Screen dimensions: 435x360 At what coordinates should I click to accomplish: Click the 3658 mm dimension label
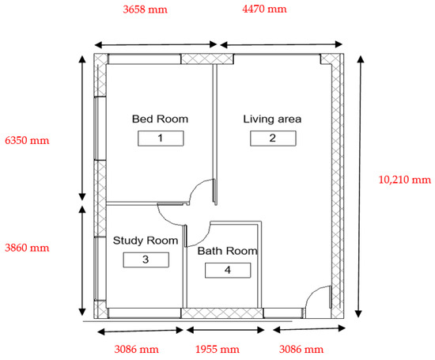145,9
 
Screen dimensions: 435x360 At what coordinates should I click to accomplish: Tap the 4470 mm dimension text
264,9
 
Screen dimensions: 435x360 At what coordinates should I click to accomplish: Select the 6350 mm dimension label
27,141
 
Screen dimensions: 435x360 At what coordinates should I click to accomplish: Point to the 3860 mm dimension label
27,248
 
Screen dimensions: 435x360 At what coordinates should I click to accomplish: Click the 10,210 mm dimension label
405,180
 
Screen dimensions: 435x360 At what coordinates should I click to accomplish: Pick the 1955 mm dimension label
217,349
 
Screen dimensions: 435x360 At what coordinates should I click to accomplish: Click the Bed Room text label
160,119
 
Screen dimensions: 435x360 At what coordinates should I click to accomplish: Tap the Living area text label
272,119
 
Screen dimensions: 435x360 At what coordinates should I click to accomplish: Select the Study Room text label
146,241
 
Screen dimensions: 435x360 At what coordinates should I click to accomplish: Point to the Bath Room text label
228,251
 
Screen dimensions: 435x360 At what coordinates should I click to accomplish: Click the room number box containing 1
161,138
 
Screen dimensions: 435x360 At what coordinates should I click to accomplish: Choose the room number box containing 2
273,138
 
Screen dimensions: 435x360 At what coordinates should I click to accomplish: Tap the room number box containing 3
146,260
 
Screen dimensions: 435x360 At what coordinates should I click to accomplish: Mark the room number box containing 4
228,270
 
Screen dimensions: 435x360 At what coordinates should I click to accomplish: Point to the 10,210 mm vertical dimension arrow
360,187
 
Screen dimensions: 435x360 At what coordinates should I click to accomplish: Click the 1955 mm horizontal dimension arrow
225,330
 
